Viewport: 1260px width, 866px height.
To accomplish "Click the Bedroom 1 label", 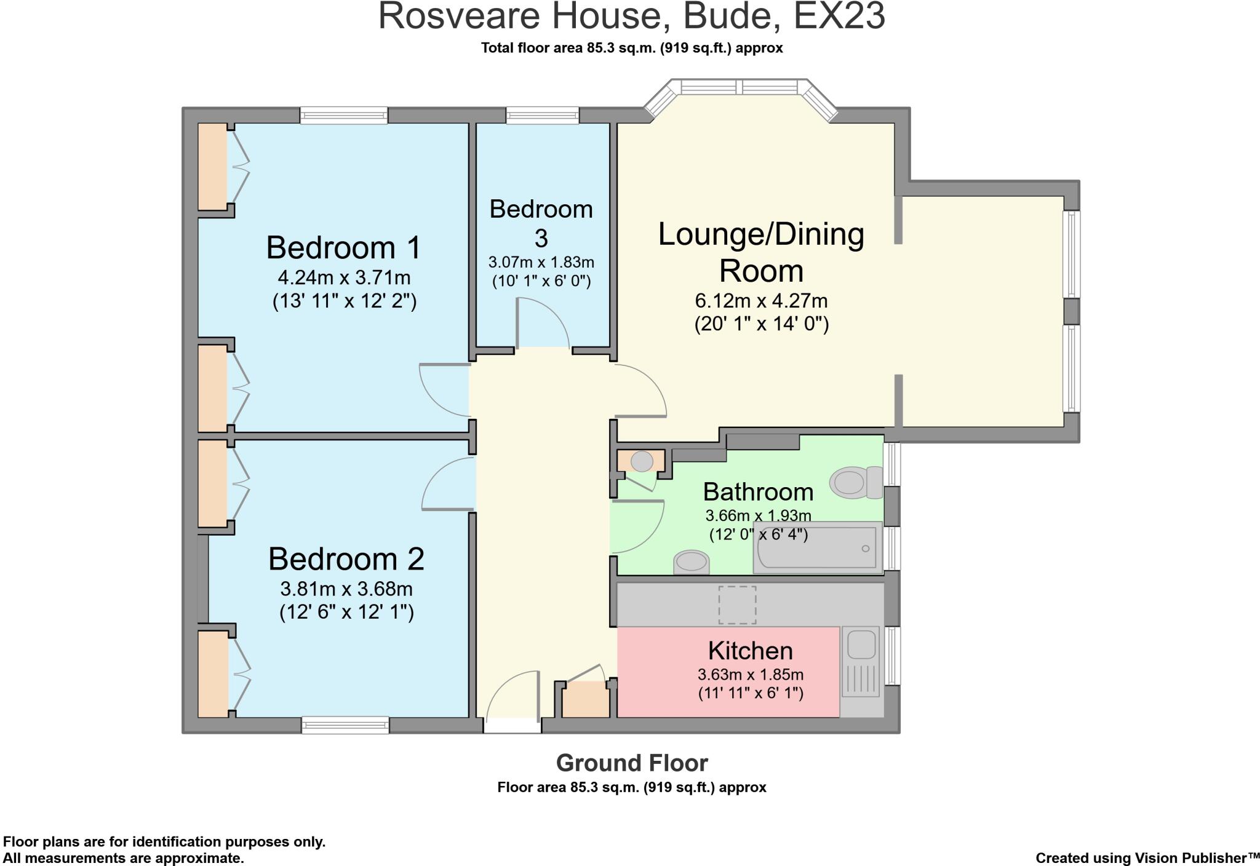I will (343, 248).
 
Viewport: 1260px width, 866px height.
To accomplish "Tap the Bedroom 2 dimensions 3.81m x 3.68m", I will (346, 589).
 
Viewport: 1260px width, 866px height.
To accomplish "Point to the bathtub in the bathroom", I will (818, 548).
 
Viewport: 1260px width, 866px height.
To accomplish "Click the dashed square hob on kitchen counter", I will (737, 605).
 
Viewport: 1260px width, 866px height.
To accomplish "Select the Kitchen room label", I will (750, 651).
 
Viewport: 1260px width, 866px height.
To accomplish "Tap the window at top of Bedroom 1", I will (344, 115).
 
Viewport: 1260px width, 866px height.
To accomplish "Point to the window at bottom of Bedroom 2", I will (345, 725).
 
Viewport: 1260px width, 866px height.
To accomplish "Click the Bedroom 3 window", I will (542, 115).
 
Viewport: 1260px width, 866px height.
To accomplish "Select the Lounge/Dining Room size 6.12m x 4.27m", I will (761, 301).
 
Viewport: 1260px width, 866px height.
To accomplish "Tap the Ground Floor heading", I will (632, 763).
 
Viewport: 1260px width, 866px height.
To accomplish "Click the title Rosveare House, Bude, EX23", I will (631, 17).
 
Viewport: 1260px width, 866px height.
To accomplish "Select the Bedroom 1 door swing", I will (444, 390).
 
